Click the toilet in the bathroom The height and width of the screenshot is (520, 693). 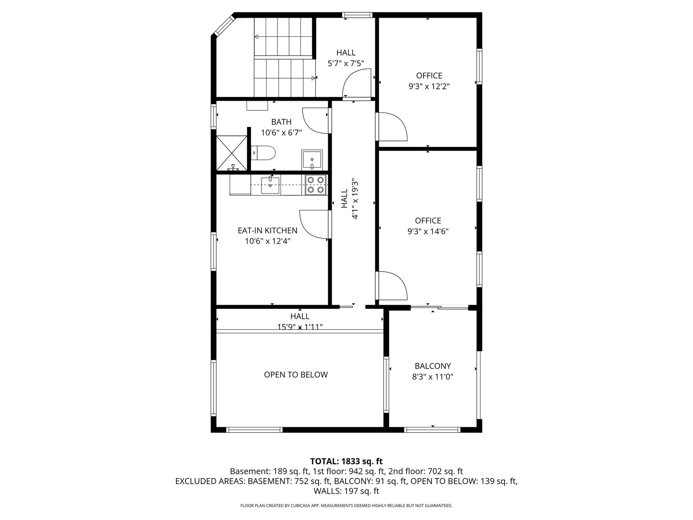263,153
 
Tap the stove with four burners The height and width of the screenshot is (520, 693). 316,185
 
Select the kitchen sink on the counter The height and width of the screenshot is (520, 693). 270,185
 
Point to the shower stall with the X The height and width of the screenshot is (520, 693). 232,154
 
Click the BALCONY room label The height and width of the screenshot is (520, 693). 432,366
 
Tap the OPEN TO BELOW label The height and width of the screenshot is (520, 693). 296,375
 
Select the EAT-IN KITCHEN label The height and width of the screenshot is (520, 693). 267,231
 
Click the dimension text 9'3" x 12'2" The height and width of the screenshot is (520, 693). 429,86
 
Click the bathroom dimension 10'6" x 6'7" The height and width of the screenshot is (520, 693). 281,132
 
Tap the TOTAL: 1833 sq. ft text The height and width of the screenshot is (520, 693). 346,462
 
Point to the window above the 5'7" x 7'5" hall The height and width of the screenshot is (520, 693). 357,15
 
